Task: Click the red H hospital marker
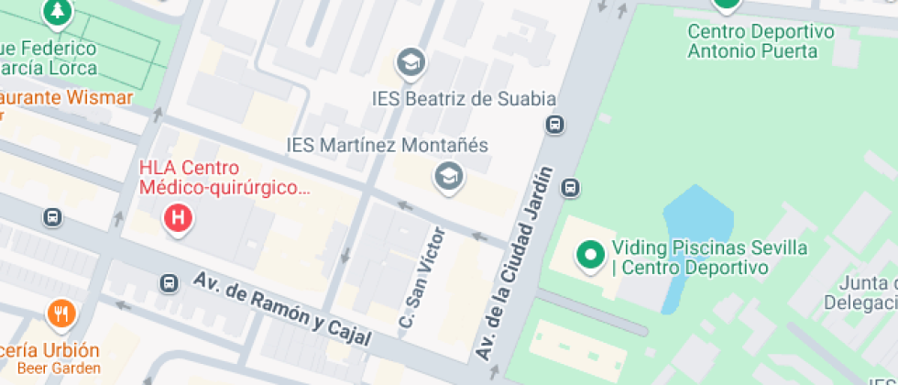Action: click(178, 218)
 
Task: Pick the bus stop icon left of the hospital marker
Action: click(52, 217)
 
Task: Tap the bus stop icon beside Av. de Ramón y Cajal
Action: click(169, 283)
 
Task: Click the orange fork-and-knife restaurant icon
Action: click(61, 315)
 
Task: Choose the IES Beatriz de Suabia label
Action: click(465, 98)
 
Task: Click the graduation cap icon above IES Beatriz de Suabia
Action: click(411, 63)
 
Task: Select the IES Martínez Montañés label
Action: click(388, 146)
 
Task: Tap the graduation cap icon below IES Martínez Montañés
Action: click(448, 177)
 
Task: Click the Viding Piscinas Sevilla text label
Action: click(709, 258)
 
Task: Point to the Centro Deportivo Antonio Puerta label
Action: click(761, 41)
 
